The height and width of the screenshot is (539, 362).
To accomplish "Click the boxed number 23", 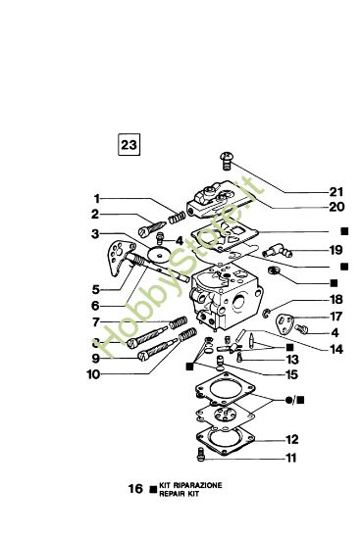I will point(129,145).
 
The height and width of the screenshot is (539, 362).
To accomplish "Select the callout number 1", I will point(96,197).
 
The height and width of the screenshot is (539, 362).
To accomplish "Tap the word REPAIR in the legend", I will point(173,491).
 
